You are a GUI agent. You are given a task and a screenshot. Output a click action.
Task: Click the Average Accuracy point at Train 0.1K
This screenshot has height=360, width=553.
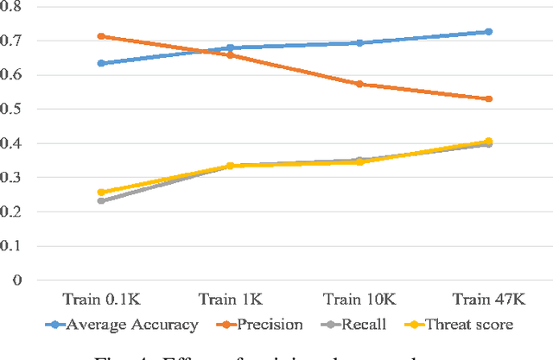pos(102,63)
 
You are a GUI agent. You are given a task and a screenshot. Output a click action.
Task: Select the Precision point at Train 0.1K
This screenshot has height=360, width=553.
pos(102,36)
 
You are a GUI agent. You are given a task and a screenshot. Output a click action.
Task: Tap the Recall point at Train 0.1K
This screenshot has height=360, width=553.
pos(102,200)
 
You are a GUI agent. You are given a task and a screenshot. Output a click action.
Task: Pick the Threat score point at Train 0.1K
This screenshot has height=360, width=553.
pos(102,193)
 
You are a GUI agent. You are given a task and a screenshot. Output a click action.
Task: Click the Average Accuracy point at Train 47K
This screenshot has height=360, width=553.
pos(488,32)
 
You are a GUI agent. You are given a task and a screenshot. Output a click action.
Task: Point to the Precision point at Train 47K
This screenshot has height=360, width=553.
pos(488,99)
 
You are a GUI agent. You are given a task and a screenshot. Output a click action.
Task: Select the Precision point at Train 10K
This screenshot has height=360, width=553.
pos(359,85)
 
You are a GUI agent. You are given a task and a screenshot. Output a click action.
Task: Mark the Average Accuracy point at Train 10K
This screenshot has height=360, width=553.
pos(359,43)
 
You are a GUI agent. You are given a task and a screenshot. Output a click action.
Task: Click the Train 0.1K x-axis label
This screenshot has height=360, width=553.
pos(102,299)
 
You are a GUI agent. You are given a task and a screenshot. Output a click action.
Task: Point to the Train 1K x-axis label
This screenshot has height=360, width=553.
pos(231,299)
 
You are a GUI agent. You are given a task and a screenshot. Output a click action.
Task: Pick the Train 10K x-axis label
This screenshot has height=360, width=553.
pos(359,299)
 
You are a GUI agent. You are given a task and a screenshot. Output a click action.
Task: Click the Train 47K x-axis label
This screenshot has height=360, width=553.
pos(488,299)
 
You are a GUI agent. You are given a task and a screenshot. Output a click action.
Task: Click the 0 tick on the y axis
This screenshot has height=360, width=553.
pos(18,281)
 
